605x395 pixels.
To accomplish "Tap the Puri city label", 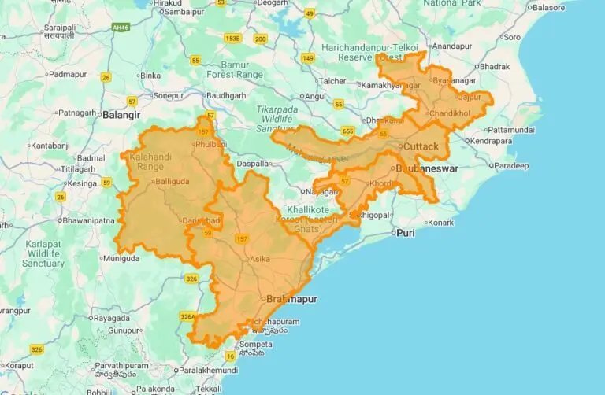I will pos(405,233).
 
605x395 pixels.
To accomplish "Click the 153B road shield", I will pos(232,38).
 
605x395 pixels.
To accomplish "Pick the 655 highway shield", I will pos(347,131).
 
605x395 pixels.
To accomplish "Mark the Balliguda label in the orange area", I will pos(173,182).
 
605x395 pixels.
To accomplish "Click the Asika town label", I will pos(262,258).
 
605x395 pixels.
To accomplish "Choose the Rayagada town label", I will pos(111,318).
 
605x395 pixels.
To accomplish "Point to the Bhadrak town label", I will pos(494,67).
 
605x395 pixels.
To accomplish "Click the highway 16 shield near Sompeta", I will pos(231,356).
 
